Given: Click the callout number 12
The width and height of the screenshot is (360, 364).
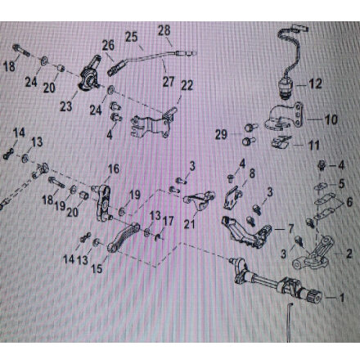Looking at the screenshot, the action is coord(315,83).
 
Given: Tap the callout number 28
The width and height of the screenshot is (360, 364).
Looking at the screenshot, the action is coord(164,30).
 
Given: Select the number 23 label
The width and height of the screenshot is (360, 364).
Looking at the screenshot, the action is coord(66,106).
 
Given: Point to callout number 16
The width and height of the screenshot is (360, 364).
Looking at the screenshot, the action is coord(113,169).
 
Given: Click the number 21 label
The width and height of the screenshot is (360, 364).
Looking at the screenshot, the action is coord(190,224).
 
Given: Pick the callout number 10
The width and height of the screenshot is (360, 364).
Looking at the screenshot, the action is coord(331,119).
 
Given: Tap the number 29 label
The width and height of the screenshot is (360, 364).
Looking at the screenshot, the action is coord(221,134).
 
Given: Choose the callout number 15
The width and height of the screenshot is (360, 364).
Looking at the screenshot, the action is coord(97,269).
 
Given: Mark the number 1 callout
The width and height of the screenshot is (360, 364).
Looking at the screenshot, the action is coord(342,298).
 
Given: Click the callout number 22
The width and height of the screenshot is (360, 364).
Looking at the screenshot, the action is coord(187,86).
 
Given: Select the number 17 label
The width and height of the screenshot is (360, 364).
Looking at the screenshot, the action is coord(168,221).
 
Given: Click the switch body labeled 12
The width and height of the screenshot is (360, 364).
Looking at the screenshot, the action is coord(286,88).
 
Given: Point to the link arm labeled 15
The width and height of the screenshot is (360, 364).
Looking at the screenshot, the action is coord(123,238).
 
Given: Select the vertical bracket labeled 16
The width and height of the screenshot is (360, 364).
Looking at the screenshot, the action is coord(104,203).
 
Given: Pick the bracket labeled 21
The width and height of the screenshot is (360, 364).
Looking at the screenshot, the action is coord(199,202).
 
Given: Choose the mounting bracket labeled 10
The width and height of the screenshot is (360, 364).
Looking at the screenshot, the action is coord(285,117).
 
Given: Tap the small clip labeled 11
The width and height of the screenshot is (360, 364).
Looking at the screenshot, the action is coord(281,142).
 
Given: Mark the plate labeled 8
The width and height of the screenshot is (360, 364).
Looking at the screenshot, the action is coord(232,198).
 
